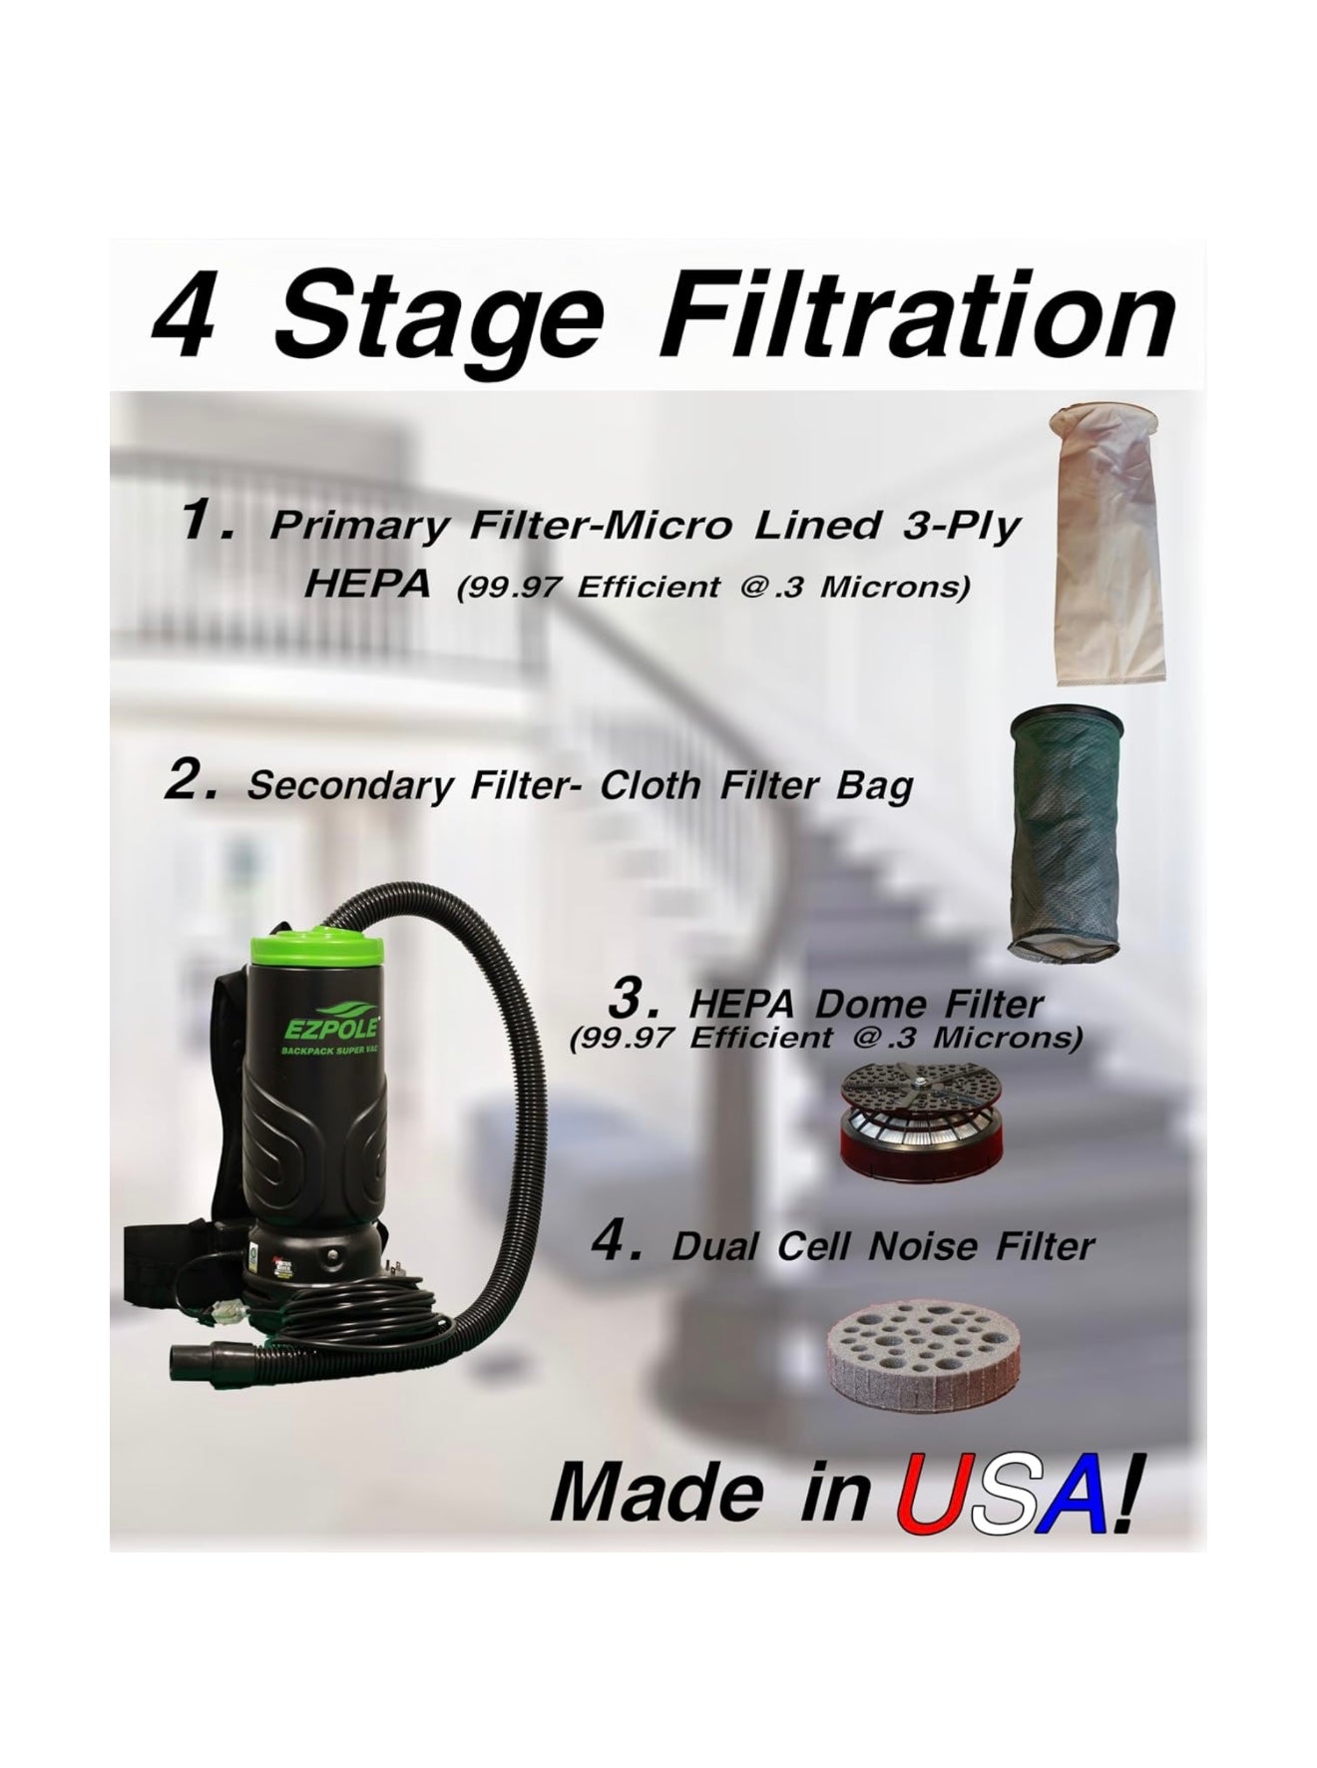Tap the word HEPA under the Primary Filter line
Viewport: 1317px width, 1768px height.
(x=368, y=584)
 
